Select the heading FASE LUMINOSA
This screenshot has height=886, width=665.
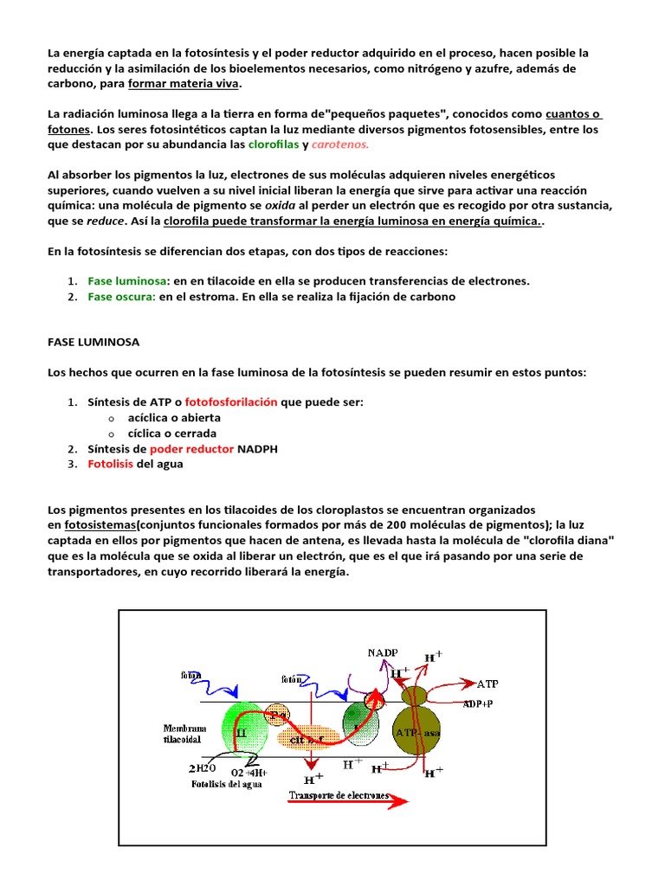point(94,342)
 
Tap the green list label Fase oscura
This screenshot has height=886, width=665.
point(121,296)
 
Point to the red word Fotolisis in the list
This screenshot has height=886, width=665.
point(111,464)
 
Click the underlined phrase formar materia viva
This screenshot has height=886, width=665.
point(184,84)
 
